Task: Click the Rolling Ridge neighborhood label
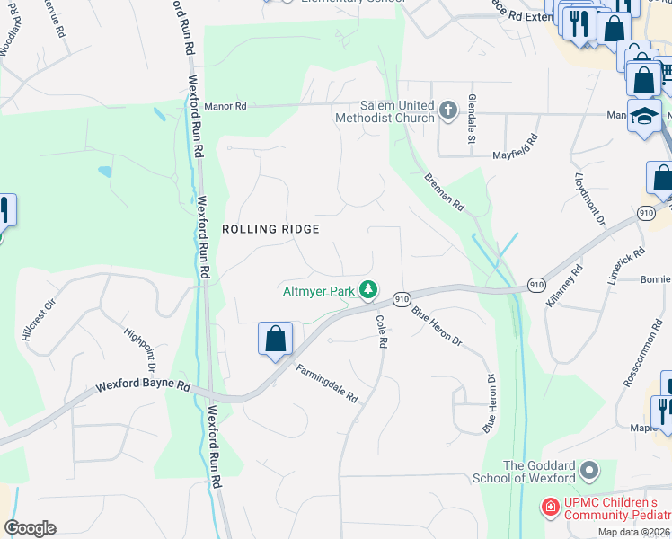(270, 229)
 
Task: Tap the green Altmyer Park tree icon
(367, 289)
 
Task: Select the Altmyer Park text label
(319, 290)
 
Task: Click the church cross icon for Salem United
(448, 111)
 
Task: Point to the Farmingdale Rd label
(327, 382)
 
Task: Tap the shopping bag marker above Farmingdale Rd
(276, 340)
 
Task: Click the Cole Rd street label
(381, 331)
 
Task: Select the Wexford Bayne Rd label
(144, 387)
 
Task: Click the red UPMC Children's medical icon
(548, 508)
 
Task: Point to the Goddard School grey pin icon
(589, 470)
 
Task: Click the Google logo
(30, 528)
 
